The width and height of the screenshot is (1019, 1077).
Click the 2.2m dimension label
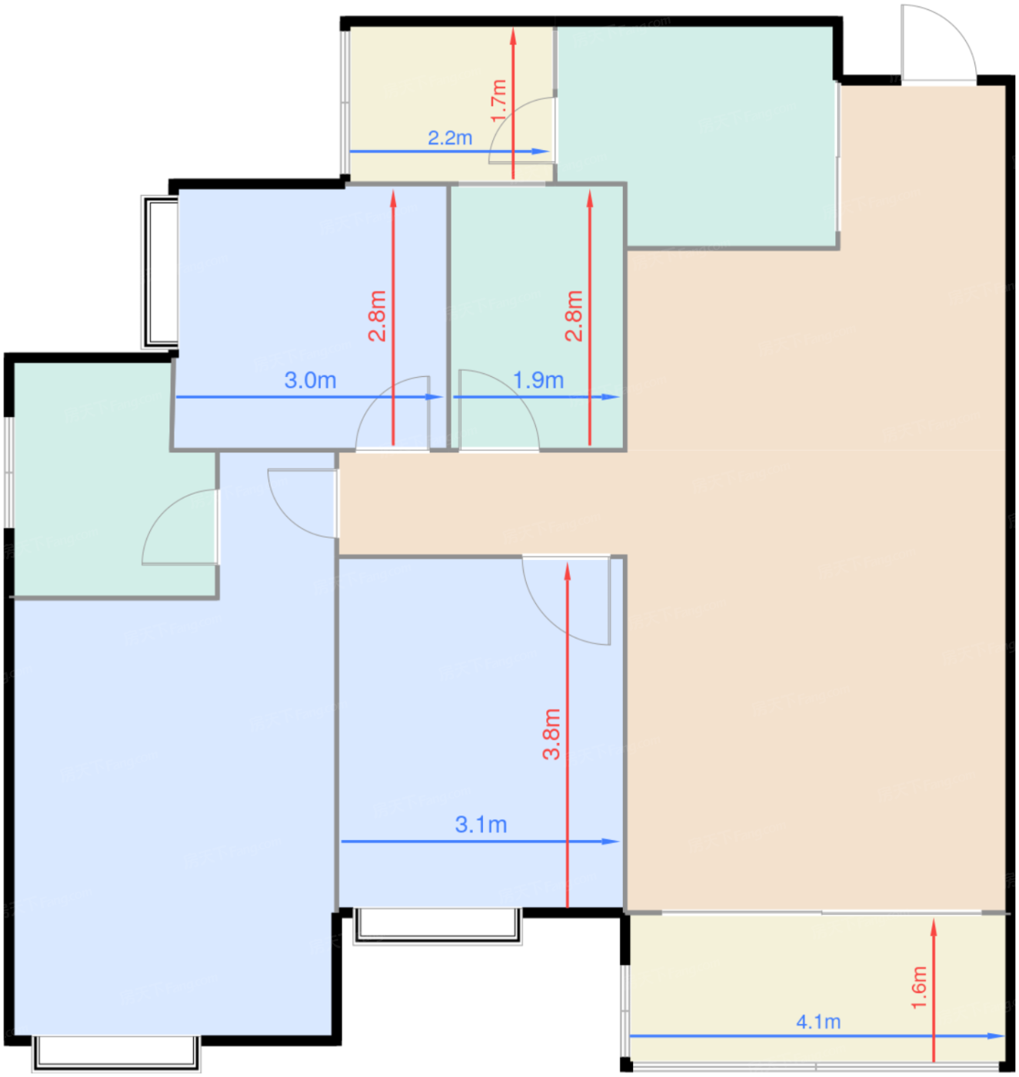pos(450,138)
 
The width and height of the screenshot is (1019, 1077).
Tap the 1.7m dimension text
pos(498,101)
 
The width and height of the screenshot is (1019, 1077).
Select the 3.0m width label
pos(310,380)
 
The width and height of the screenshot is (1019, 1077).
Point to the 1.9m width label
pos(538,380)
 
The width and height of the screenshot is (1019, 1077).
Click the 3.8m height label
pos(551,734)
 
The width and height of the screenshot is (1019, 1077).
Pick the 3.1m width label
pos(481,825)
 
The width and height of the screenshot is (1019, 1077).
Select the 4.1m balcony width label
pos(818,1022)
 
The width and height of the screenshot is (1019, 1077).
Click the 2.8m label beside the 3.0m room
pos(377,316)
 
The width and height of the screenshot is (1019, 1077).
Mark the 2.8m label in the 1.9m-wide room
pos(574,316)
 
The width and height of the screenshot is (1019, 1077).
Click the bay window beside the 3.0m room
pos(159,272)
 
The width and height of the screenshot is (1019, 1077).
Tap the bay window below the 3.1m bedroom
pos(437,925)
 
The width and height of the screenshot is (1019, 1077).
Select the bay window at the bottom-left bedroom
pos(116,1053)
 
